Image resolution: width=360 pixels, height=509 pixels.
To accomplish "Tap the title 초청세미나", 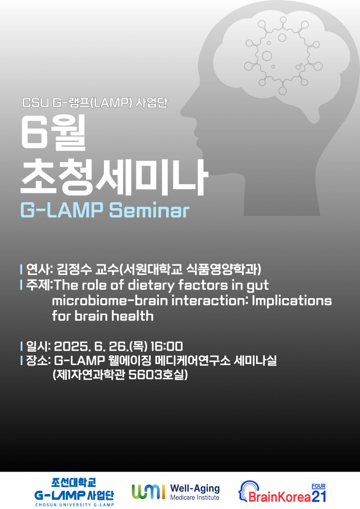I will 114,176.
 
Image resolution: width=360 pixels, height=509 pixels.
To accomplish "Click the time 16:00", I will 167,346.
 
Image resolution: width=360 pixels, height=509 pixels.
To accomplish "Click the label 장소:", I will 37,361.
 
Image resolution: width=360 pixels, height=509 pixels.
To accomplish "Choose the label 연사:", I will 37,269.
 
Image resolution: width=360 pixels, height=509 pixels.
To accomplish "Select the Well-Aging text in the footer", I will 194,488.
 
